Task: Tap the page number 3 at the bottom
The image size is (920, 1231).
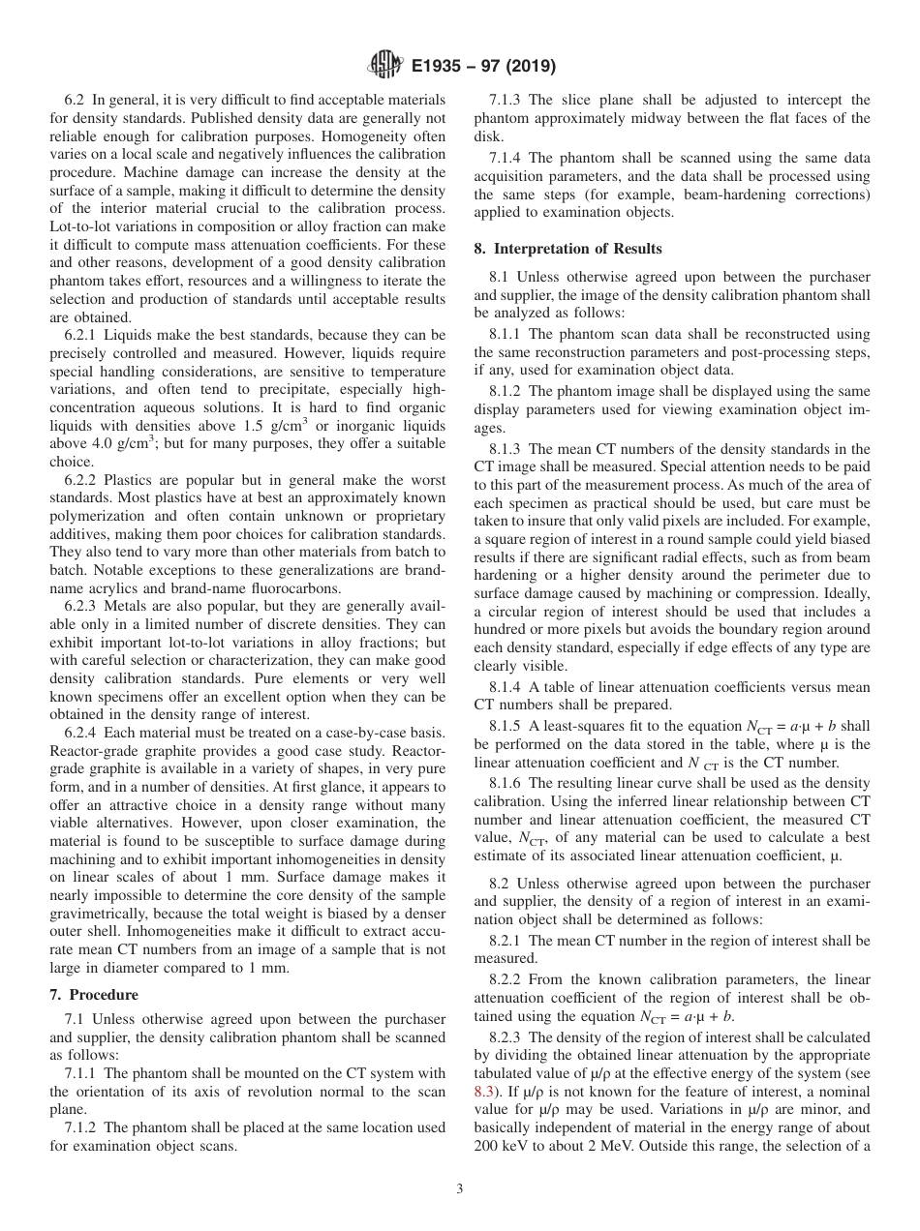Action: (459, 1189)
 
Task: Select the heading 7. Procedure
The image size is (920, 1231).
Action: (93, 994)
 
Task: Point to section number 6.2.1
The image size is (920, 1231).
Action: (81, 335)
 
